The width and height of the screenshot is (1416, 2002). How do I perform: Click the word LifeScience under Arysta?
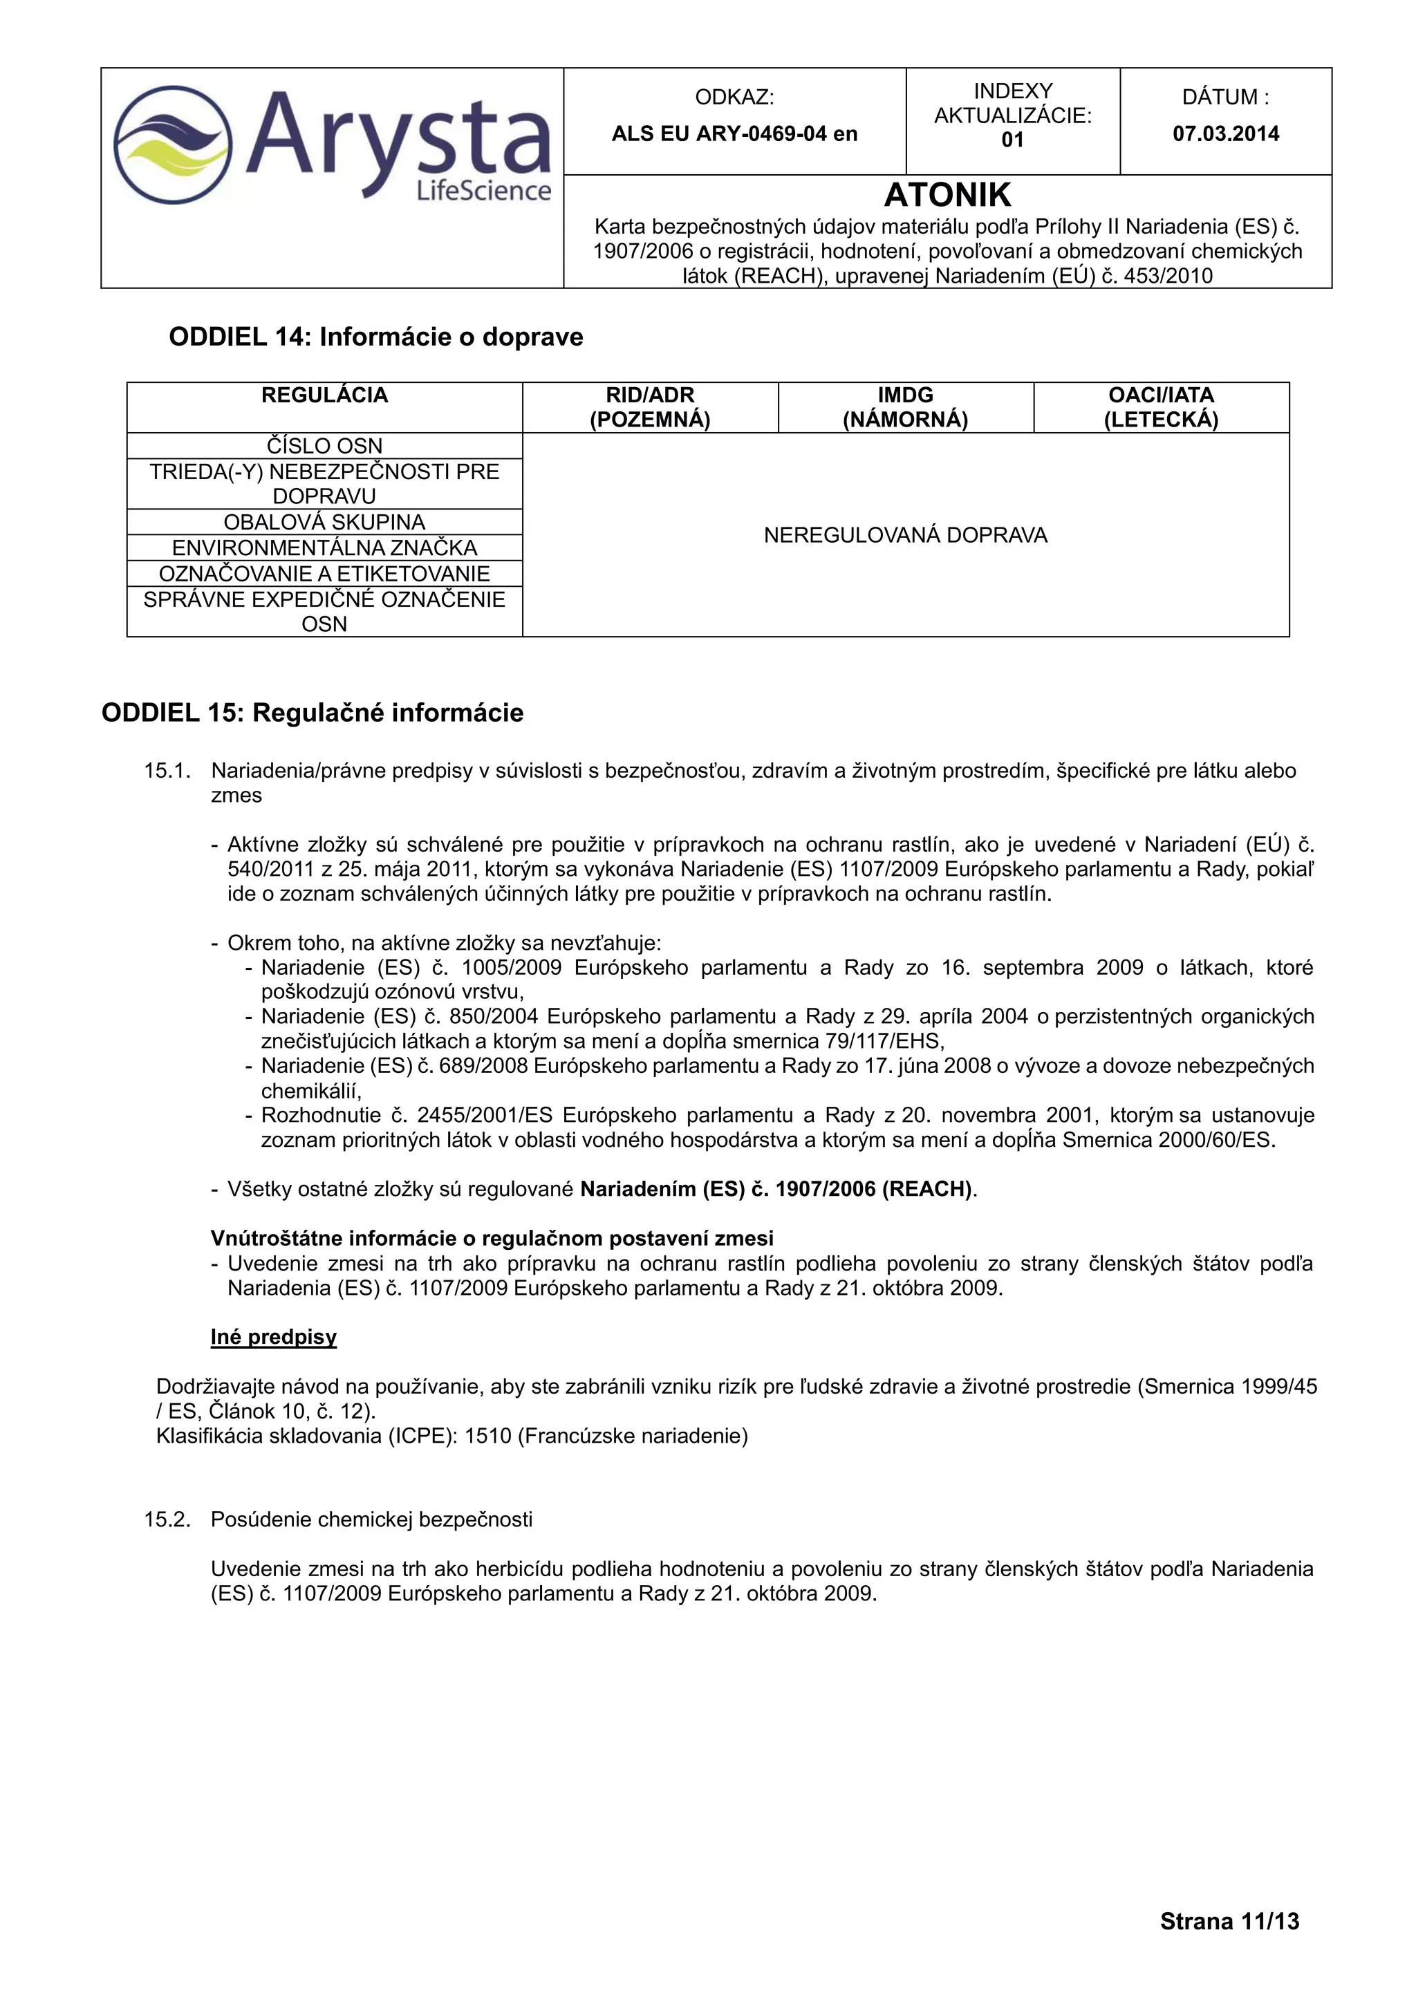(x=484, y=190)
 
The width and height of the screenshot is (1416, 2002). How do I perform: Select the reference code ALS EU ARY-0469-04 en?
(x=734, y=133)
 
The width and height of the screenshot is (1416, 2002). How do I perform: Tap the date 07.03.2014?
(x=1225, y=133)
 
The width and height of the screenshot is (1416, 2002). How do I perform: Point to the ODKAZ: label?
(x=734, y=97)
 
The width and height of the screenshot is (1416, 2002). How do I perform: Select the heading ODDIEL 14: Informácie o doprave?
(x=376, y=337)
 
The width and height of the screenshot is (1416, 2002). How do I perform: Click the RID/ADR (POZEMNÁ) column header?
(x=650, y=407)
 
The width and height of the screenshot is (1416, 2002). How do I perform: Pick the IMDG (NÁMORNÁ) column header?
(x=905, y=407)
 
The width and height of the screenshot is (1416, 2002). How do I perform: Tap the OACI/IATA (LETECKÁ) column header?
(x=1161, y=407)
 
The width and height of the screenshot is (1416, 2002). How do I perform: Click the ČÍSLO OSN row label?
(x=324, y=446)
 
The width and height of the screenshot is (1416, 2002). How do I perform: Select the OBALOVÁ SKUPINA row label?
(x=324, y=523)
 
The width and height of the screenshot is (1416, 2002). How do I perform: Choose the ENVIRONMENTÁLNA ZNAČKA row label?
(x=324, y=548)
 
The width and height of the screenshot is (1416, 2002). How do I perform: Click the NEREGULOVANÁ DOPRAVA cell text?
(x=905, y=535)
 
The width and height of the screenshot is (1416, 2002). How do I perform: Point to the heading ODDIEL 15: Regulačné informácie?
(x=312, y=713)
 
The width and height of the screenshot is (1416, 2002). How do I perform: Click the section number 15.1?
(x=167, y=771)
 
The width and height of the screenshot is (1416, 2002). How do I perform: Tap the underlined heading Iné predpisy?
(x=273, y=1338)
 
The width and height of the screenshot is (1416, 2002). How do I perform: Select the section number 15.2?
(x=167, y=1519)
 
